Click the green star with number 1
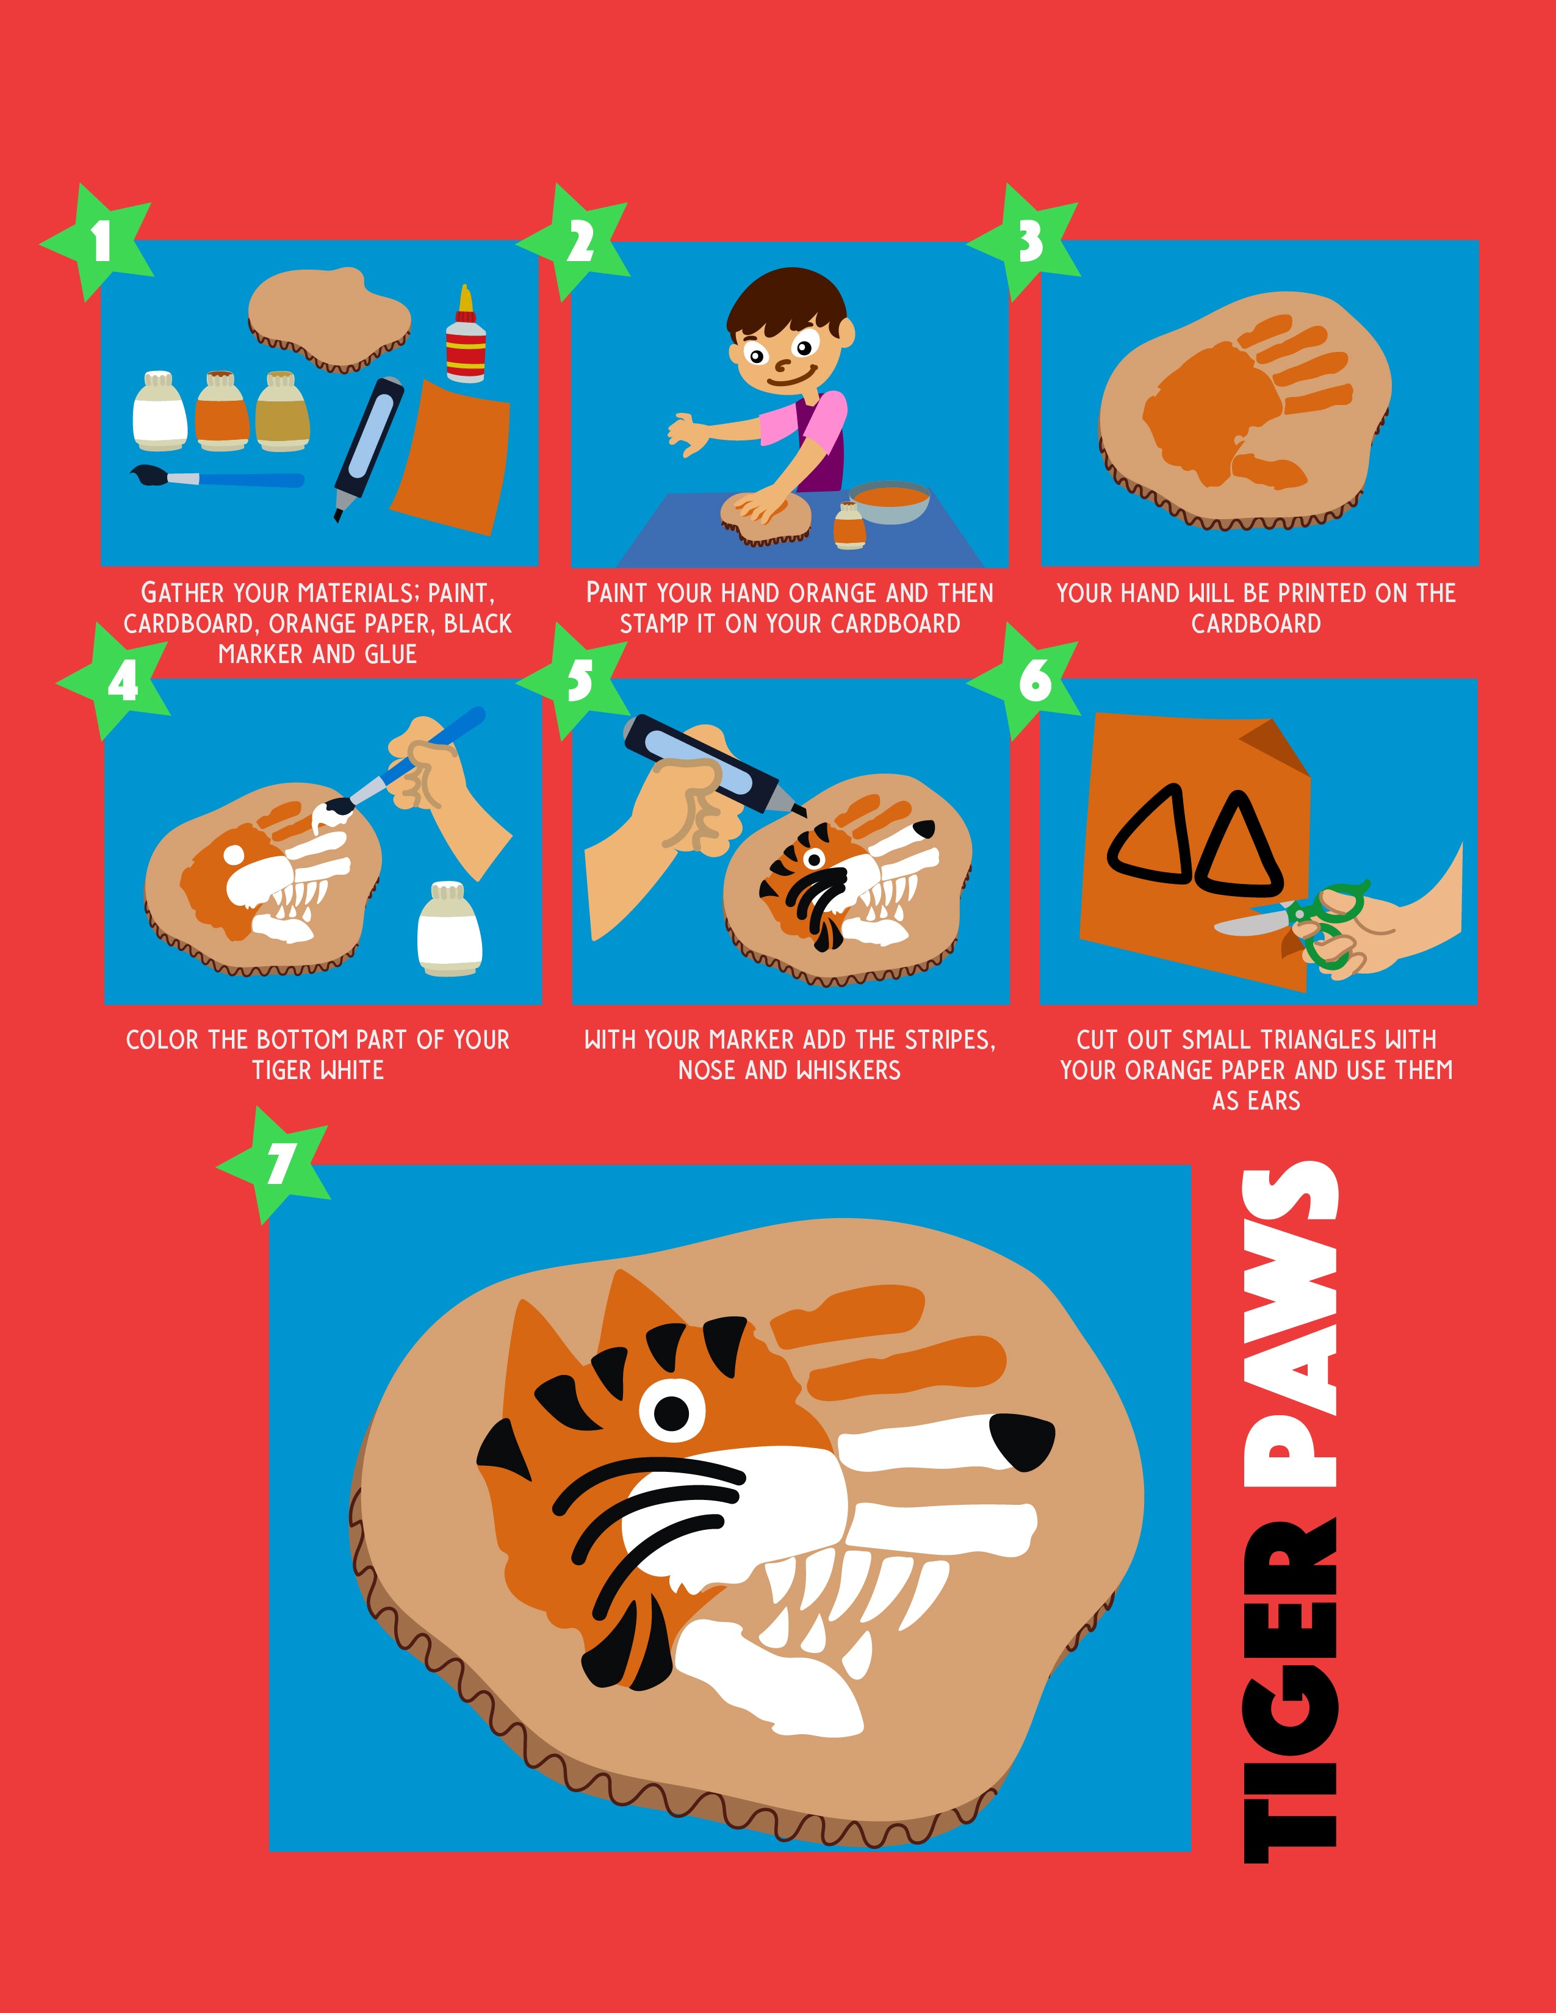click(99, 242)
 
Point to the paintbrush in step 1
click(217, 478)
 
